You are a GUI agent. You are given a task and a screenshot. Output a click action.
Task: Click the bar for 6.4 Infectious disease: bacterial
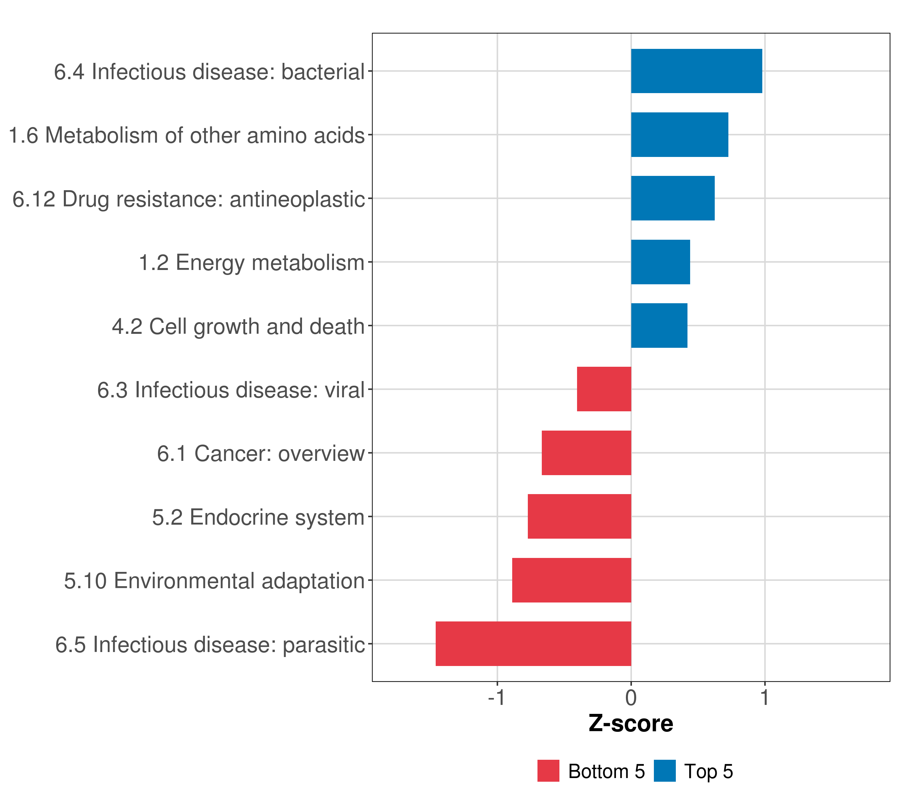coord(696,71)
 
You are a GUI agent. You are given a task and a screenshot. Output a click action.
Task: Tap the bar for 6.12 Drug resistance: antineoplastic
coord(673,198)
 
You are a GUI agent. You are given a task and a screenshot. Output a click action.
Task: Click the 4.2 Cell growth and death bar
coord(659,326)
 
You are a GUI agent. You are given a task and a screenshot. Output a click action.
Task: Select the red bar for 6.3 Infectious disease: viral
coord(604,389)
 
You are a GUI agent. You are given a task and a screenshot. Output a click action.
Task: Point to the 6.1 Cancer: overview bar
coord(586,453)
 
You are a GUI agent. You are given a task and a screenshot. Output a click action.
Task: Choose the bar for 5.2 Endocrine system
coord(579,516)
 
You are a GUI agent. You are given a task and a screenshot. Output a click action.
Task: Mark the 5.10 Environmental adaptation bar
coord(572,580)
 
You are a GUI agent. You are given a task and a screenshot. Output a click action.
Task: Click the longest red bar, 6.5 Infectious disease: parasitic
coord(533,644)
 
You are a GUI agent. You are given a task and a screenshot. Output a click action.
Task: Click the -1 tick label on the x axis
coord(497,698)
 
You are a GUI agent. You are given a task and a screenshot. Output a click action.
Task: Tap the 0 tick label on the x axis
coord(631,698)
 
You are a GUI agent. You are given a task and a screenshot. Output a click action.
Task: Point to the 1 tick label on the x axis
coord(765,698)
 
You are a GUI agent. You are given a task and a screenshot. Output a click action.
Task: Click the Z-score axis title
coord(631,724)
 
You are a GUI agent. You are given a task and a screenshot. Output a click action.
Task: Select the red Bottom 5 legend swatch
coord(548,771)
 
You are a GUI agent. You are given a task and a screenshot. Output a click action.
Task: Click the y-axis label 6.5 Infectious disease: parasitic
coord(210,645)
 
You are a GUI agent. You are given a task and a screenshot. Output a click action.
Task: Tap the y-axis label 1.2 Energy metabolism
coord(252,263)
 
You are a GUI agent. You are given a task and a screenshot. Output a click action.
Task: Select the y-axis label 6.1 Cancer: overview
coord(261,454)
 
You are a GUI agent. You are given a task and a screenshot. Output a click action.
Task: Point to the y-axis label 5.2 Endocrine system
coord(258,517)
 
